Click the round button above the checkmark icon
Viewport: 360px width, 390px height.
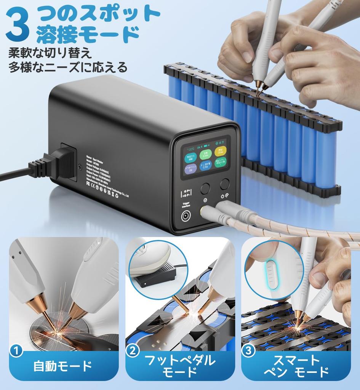206,188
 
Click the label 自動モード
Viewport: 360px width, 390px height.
63,366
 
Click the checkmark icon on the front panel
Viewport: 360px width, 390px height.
206,200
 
